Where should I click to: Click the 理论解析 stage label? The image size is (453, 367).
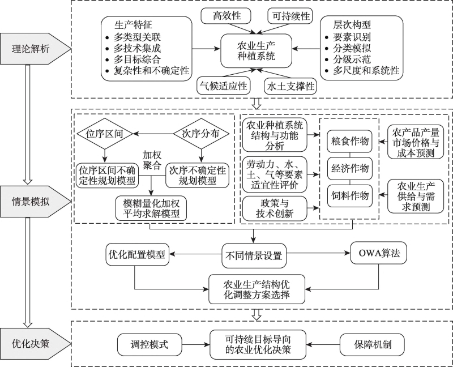point(31,49)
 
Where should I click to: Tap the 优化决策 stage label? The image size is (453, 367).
point(31,343)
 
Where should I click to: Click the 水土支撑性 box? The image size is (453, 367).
point(290,86)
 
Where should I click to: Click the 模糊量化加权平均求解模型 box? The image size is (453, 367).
point(151,207)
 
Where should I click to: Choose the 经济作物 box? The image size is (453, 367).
point(349,168)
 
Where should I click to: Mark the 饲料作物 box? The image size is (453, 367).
point(349,195)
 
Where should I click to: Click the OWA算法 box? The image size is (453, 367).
point(379,254)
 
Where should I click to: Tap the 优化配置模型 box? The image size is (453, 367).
point(136,254)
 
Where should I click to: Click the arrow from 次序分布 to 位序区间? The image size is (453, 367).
point(153,134)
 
